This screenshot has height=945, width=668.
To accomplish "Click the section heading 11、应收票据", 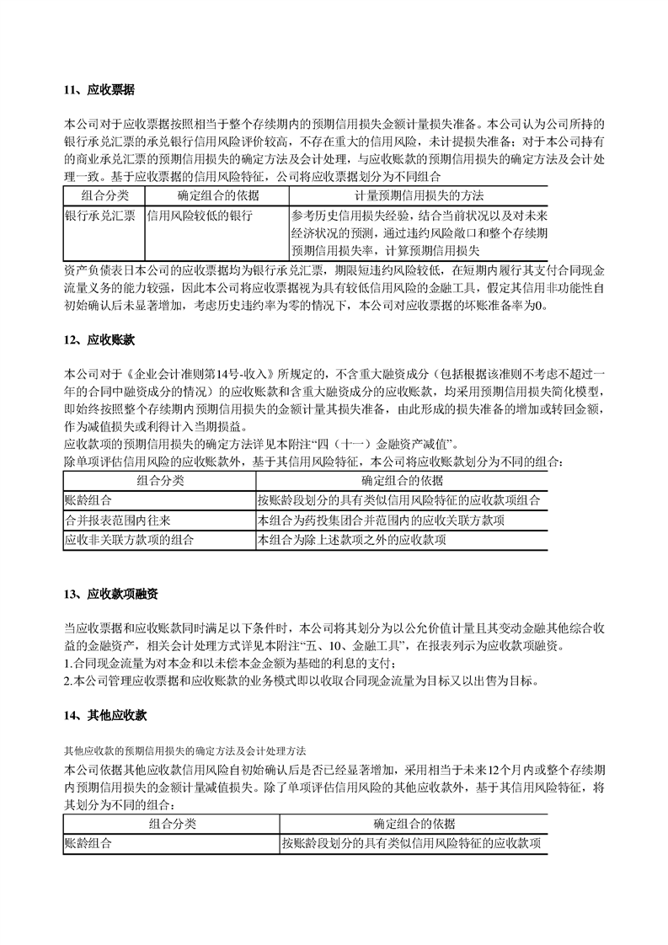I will click(x=99, y=88).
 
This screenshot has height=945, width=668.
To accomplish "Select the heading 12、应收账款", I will click(x=99, y=340).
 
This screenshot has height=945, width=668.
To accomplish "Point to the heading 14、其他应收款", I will click(x=105, y=715).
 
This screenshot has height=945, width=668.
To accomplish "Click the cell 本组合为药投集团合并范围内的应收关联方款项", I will click(x=382, y=521).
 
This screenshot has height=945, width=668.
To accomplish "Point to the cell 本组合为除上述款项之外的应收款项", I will click(x=358, y=539).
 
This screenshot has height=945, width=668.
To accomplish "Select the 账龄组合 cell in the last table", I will click(x=88, y=843).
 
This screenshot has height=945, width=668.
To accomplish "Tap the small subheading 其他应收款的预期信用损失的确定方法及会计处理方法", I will click(x=185, y=749).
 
